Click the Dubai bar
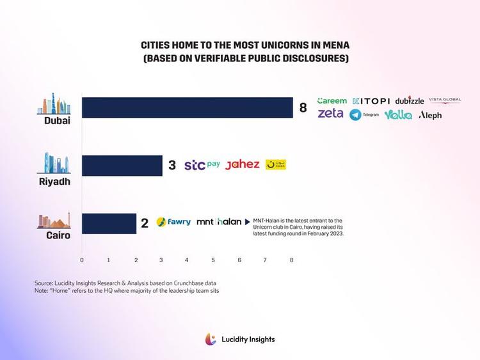click(x=188, y=107)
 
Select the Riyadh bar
click(x=122, y=165)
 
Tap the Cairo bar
click(x=109, y=223)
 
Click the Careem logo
click(x=332, y=100)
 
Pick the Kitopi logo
click(x=371, y=101)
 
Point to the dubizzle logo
click(x=410, y=101)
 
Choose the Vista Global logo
click(x=445, y=100)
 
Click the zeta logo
click(x=330, y=114)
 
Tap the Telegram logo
click(x=364, y=115)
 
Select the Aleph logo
click(x=430, y=115)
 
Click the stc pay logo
click(x=202, y=165)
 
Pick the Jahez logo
click(x=243, y=164)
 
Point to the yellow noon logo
click(x=276, y=165)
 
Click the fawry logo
click(x=173, y=222)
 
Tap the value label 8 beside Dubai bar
click(x=303, y=108)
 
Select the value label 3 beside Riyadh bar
click(x=172, y=166)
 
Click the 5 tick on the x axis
click(x=213, y=260)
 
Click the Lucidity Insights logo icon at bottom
click(x=211, y=340)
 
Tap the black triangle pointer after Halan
click(x=248, y=223)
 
